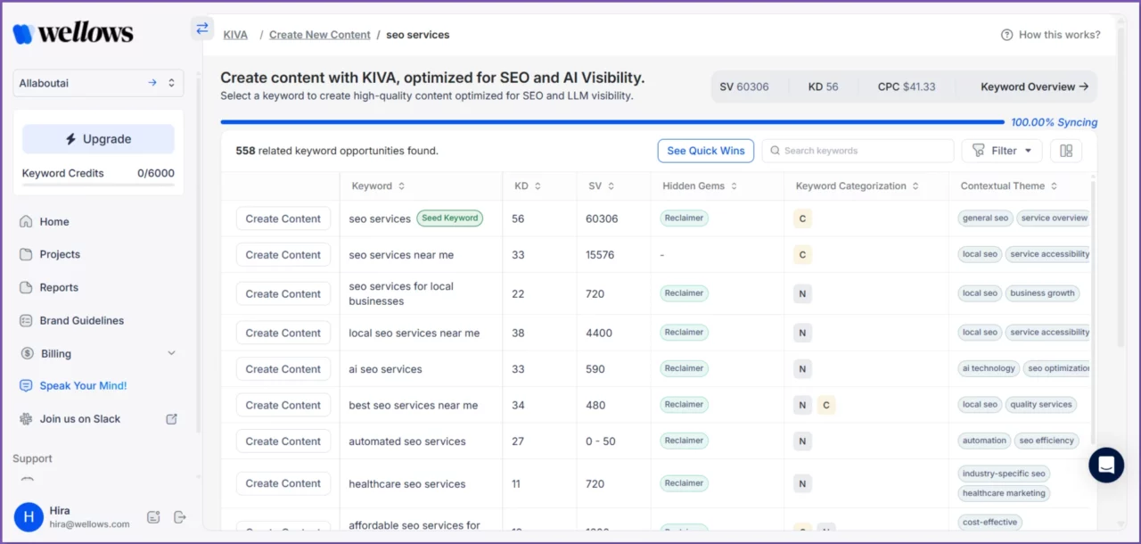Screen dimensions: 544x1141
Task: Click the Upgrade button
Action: pos(98,139)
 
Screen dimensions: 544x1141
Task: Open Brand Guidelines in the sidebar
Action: pos(81,320)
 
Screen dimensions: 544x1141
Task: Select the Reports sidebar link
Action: pos(59,287)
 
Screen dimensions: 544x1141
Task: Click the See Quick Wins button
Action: pos(705,151)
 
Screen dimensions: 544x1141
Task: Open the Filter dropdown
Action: pos(1002,151)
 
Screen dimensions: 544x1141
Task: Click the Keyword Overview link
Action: pos(1034,87)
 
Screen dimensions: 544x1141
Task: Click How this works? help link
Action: pos(1051,35)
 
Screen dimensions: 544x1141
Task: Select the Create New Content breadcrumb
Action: pos(319,35)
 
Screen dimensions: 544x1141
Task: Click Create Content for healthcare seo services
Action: pos(283,483)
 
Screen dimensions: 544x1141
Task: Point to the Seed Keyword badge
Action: pos(449,218)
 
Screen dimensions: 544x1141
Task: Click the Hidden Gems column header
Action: pos(700,186)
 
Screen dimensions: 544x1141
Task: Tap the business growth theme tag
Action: pos(1042,293)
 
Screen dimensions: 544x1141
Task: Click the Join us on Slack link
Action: pos(79,419)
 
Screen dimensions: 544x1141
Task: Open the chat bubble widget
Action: pos(1106,465)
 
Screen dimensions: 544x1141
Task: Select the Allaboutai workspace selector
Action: pos(98,83)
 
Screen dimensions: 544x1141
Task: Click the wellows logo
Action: pos(73,34)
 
